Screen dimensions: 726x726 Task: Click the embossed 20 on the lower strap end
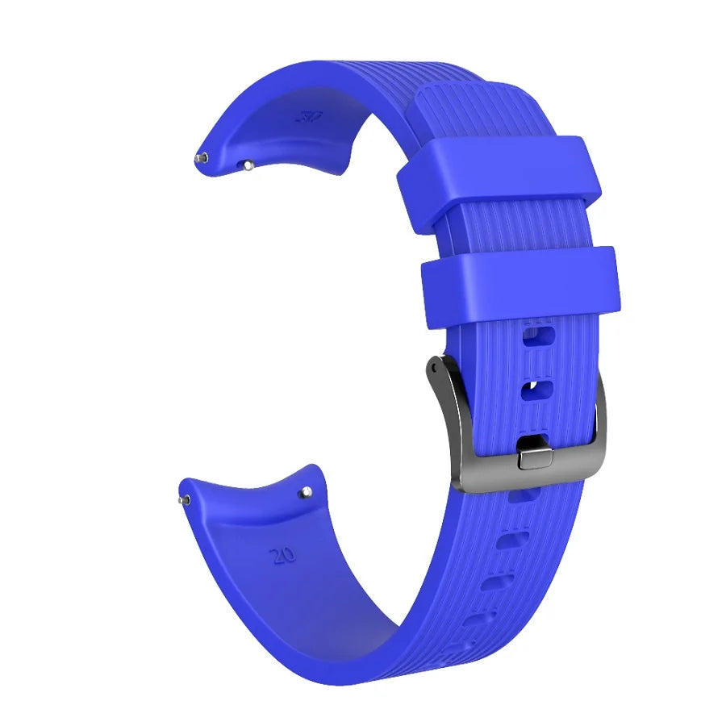284,554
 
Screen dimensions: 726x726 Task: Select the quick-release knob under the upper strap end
248,165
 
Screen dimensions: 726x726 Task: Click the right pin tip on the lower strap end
307,491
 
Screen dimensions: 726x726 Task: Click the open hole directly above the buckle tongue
536,391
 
